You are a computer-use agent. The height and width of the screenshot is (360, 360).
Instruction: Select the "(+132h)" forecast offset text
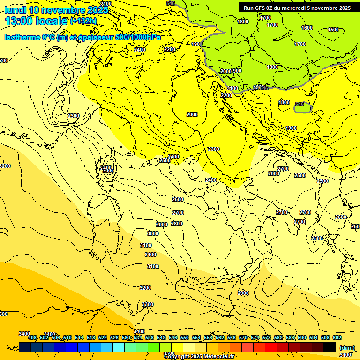coord(83,21)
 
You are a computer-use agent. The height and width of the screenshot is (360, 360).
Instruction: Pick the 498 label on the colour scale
coord(32,337)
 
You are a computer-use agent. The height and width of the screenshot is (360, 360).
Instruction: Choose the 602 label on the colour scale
coord(337,337)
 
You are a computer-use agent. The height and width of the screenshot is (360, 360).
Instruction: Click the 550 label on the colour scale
coord(185,337)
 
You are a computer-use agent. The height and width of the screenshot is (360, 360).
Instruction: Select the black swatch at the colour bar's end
coord(330,347)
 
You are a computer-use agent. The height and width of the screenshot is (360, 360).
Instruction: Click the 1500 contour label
coord(333,30)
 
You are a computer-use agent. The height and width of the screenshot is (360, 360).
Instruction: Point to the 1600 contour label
coord(307,28)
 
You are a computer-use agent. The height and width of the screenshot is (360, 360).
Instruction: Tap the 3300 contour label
coord(148,304)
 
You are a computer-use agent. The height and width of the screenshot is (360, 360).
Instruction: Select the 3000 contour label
coord(153,233)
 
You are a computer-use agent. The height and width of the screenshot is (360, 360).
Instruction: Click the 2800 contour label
coord(177,224)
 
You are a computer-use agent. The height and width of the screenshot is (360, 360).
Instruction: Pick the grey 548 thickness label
coord(300,104)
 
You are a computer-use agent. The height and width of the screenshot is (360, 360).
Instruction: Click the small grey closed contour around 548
coord(302,108)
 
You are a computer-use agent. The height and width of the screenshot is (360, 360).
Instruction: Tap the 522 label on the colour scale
coord(103,337)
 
